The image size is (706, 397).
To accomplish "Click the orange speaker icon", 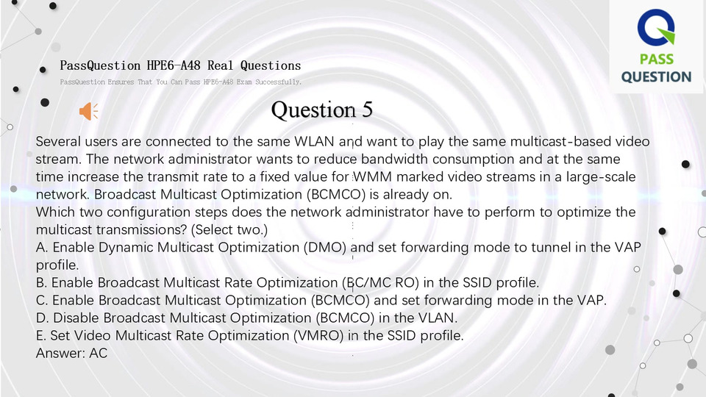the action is (x=88, y=111).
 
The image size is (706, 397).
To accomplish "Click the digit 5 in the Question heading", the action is (x=368, y=110).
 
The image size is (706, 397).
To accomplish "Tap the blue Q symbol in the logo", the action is (x=656, y=27).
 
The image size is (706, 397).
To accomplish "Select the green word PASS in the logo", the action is (x=657, y=59).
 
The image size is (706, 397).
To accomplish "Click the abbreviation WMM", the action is (x=372, y=176).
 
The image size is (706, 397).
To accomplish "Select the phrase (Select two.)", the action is (x=229, y=229).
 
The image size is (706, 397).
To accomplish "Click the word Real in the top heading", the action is (x=220, y=65).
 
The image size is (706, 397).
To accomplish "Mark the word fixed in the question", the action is (x=275, y=176).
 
